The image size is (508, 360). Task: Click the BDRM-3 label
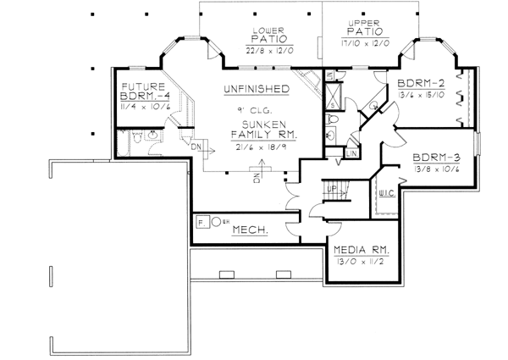click(436, 158)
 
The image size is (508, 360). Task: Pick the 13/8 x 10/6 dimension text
click(436, 170)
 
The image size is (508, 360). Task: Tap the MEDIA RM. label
click(361, 251)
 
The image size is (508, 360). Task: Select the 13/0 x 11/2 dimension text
click(361, 263)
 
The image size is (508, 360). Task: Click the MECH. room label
click(251, 230)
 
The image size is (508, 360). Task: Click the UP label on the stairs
click(333, 189)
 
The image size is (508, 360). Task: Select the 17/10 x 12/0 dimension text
click(367, 41)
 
